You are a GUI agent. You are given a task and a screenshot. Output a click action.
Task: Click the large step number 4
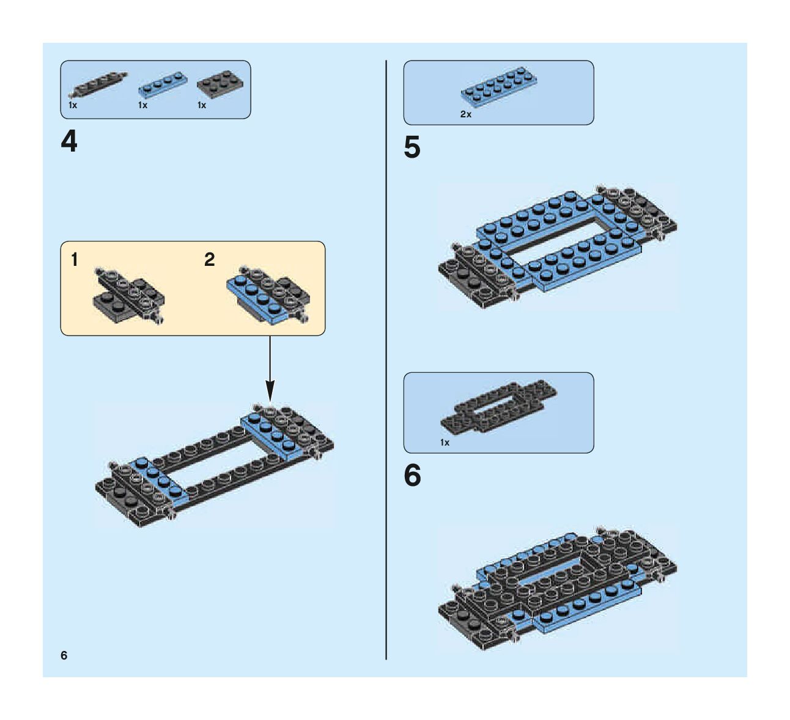coord(69,142)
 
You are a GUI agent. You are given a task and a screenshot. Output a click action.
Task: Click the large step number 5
coord(412,148)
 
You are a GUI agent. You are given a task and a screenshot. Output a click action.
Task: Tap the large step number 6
coord(413,476)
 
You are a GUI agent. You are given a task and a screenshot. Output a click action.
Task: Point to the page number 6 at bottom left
coord(64,656)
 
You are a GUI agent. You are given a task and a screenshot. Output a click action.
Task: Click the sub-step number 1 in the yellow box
coord(75,260)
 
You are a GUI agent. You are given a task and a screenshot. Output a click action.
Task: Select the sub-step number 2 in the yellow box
coord(210,260)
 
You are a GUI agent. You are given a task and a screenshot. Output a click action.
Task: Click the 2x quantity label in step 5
coord(466,114)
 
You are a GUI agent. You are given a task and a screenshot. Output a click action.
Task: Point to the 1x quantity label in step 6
coord(445,443)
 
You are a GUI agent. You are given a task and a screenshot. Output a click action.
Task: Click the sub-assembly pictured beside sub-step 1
coord(128,295)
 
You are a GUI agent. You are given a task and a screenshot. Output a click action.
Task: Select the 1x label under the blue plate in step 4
coord(142,105)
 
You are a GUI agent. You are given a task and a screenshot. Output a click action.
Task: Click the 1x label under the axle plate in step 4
coord(73,105)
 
